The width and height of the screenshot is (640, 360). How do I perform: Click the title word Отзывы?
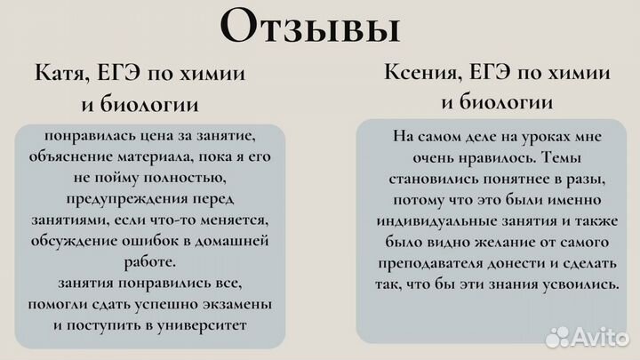[308, 27]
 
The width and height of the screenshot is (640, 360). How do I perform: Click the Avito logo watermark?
[586, 335]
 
